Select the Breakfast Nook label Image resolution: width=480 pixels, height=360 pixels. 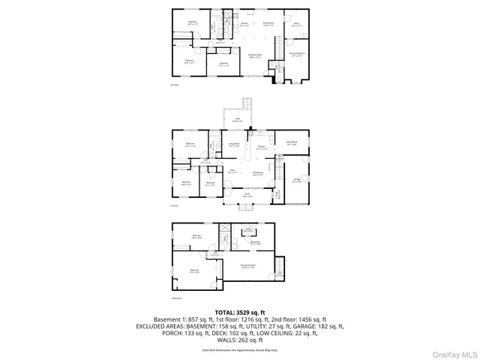pyautogui.click(x=255, y=55)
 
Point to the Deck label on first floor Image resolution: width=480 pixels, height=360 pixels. pyautogui.click(x=238, y=119)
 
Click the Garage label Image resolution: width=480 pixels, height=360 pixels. pyautogui.click(x=296, y=181)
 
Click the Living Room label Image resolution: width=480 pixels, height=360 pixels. pyautogui.click(x=233, y=145)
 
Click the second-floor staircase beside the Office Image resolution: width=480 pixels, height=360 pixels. pyautogui.click(x=278, y=69)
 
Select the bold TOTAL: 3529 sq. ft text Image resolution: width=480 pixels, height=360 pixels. pyautogui.click(x=239, y=311)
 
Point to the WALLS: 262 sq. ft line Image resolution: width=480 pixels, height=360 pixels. pyautogui.click(x=239, y=340)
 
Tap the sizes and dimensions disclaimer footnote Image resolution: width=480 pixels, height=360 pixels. pyautogui.click(x=239, y=349)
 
